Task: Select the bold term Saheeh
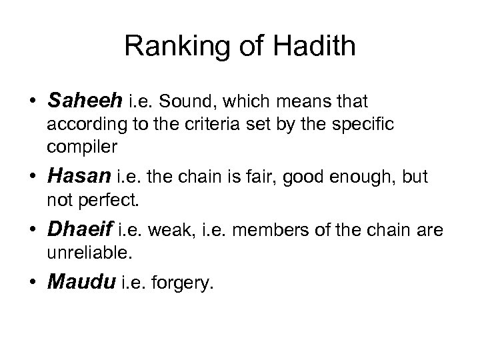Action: (x=85, y=101)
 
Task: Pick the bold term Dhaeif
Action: (x=81, y=230)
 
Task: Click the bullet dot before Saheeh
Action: (x=32, y=101)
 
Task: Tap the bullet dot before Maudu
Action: (x=32, y=285)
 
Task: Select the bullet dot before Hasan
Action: (x=32, y=176)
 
